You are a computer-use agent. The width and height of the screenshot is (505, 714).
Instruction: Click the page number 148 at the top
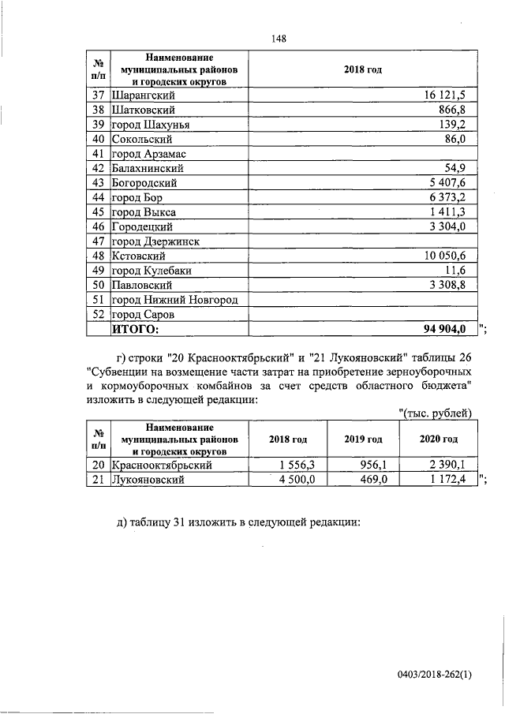tap(277, 39)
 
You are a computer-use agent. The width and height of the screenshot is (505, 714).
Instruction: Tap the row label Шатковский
tap(142, 110)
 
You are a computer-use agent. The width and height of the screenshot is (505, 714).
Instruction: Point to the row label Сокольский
tap(142, 140)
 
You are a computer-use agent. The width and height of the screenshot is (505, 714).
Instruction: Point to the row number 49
tap(99, 271)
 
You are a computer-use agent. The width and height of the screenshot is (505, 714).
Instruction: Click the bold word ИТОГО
tap(136, 329)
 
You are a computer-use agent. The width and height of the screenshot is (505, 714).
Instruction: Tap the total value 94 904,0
tap(445, 329)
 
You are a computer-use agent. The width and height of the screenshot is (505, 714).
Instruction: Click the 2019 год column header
tap(364, 439)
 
